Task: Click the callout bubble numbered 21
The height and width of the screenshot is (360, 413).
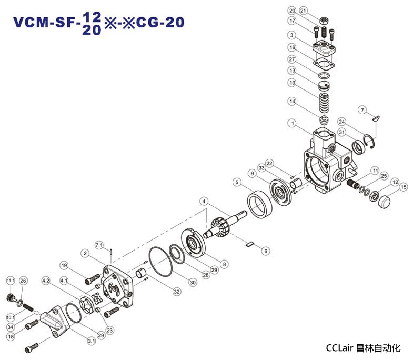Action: coord(318,11)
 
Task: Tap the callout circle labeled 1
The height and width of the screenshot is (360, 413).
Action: coord(291,123)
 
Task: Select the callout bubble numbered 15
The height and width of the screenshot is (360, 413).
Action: coord(404,187)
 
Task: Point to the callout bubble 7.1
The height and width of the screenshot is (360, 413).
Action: coord(99,245)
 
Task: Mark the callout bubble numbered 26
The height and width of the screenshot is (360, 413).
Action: coord(23,281)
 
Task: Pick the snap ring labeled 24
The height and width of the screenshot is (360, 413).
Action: coord(372,139)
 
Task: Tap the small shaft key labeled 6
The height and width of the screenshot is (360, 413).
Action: coord(250,243)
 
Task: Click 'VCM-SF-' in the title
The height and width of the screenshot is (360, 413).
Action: coord(47,23)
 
